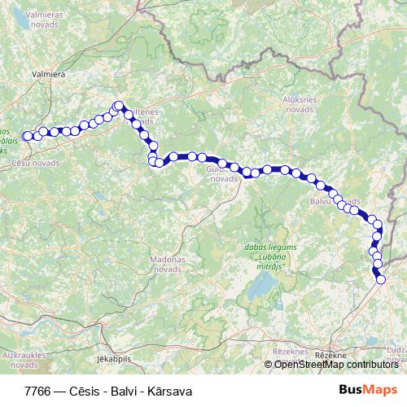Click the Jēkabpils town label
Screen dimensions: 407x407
click(113, 357)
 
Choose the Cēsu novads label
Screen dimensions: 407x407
click(36, 164)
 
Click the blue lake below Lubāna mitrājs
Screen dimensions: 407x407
click(263, 287)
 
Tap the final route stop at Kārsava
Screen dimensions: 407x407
click(381, 280)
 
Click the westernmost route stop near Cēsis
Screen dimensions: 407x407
click(27, 136)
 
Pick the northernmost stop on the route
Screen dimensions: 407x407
click(119, 105)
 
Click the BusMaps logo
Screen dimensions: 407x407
click(368, 390)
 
